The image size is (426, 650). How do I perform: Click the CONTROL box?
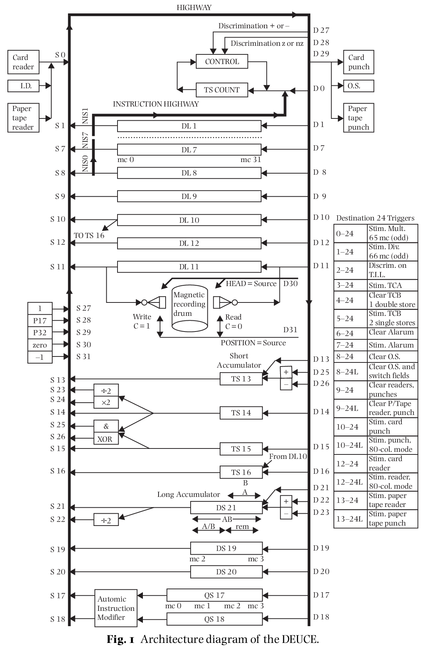tap(222, 61)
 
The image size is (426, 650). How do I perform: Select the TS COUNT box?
tap(222, 90)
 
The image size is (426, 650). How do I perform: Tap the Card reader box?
tap(23, 62)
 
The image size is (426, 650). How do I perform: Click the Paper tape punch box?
tap(358, 118)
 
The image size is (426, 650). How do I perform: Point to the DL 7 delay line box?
tap(189, 150)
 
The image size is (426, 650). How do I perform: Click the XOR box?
tap(106, 439)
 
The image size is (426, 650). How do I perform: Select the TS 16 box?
tap(241, 472)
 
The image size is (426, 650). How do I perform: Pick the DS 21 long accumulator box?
tap(226, 507)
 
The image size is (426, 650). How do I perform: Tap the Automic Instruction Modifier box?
tap(116, 608)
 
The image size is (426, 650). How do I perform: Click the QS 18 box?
tap(214, 619)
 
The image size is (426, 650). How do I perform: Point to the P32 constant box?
tap(40, 332)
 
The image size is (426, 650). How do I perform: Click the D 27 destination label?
tap(321, 31)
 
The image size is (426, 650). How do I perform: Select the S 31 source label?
tap(84, 356)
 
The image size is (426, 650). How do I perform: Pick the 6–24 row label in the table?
tap(345, 333)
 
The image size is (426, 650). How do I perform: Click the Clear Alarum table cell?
tap(391, 332)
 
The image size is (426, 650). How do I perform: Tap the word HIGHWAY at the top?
tap(194, 7)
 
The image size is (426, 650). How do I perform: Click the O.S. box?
tap(358, 86)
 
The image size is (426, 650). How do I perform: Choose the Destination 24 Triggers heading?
tap(375, 218)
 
